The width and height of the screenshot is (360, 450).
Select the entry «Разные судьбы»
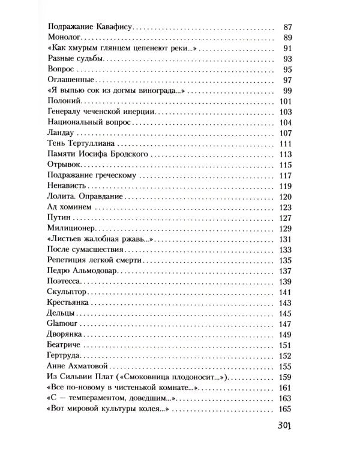pos(76,59)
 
